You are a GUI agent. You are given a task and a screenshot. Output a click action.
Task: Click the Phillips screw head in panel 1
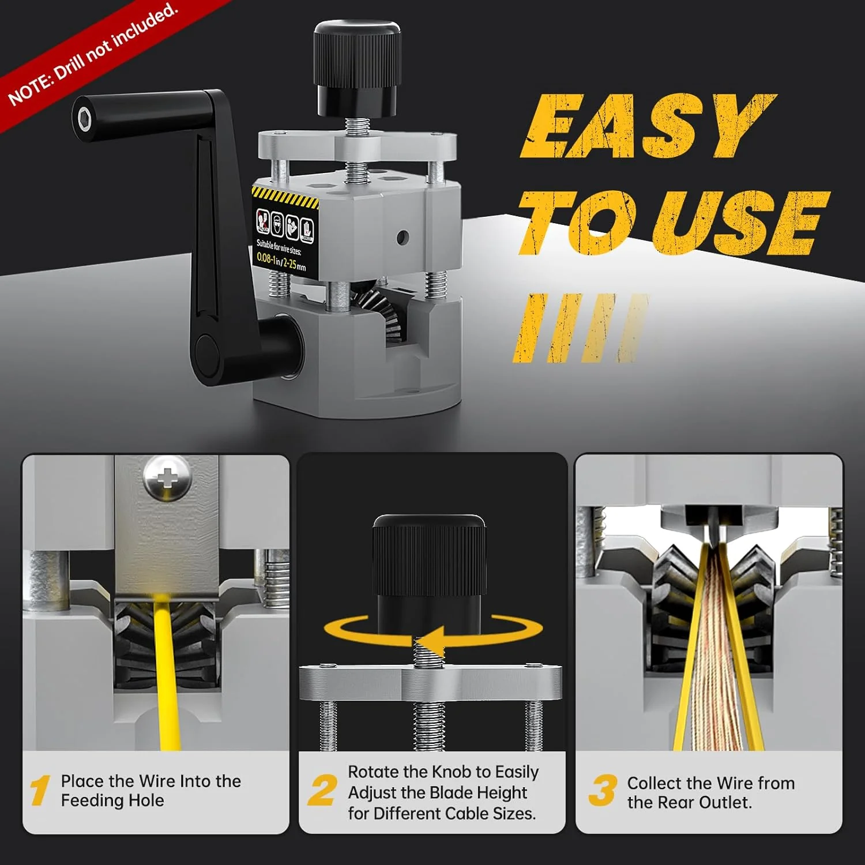[x=167, y=477]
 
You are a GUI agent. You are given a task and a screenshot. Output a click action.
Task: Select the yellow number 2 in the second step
[x=321, y=790]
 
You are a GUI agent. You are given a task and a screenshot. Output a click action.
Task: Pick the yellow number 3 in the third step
[x=603, y=790]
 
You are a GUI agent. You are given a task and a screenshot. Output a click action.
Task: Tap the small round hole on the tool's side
[x=403, y=236]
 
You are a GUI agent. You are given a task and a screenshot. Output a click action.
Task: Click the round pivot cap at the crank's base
[x=206, y=349]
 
